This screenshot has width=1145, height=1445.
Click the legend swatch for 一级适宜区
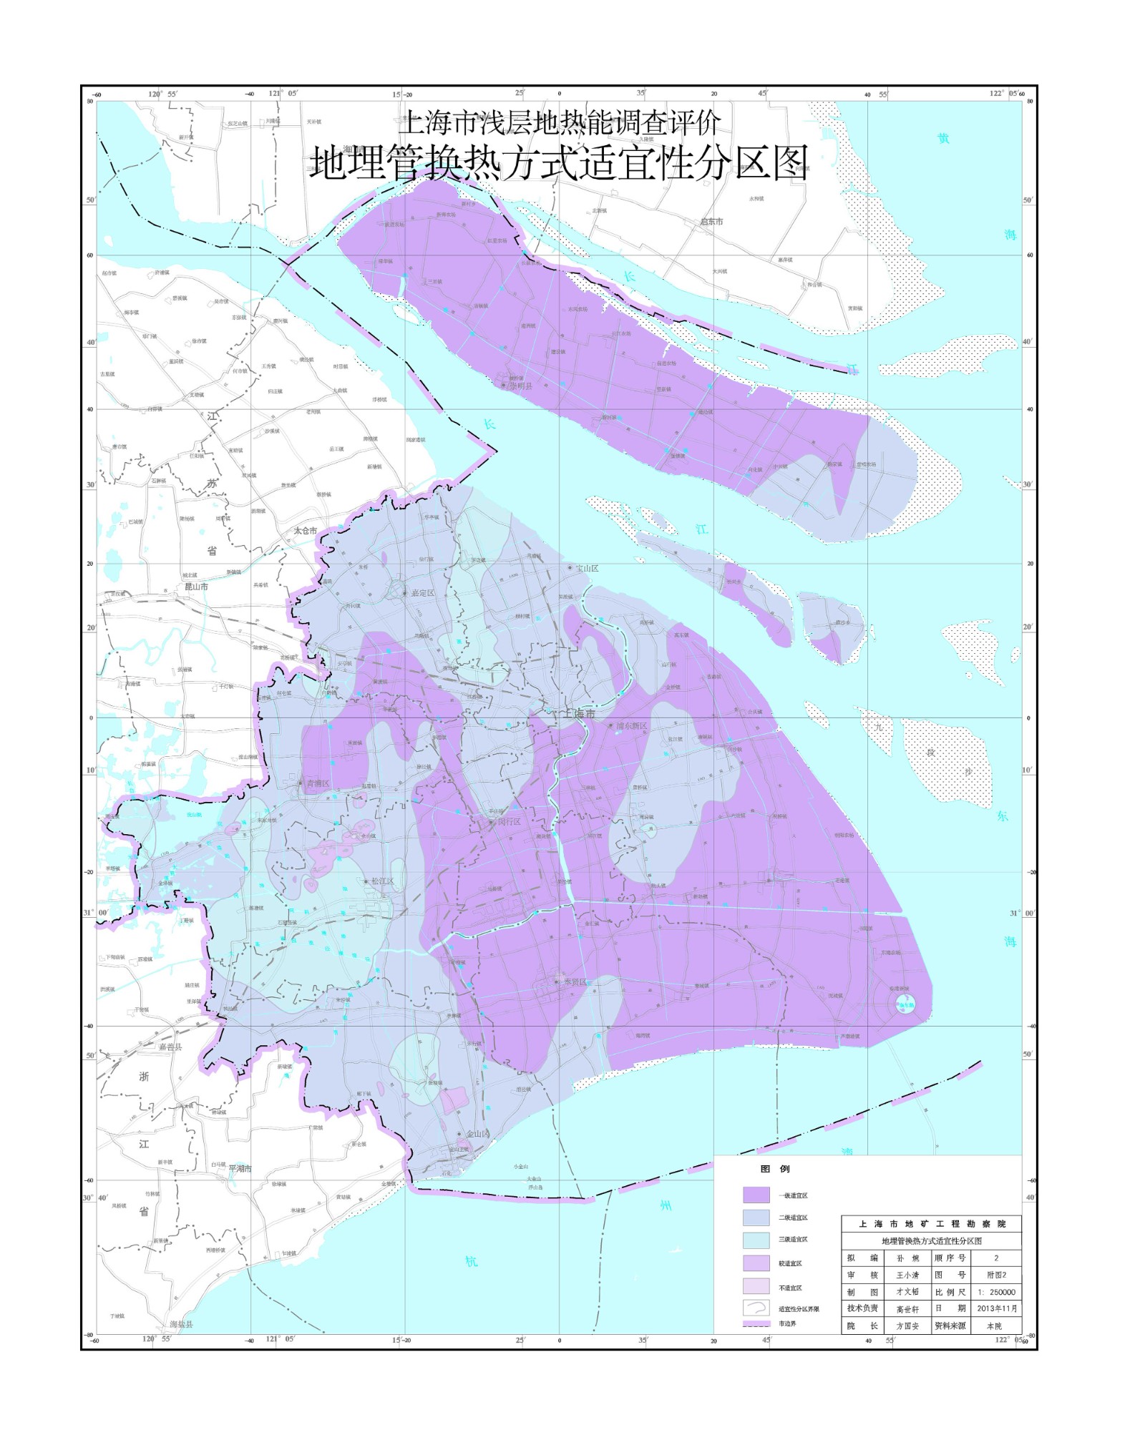point(756,1195)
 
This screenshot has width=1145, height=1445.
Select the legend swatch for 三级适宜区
point(756,1239)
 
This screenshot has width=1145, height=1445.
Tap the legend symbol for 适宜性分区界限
point(756,1308)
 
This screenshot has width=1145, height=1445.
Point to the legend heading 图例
point(774,1169)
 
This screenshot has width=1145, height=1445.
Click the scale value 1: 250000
point(997,1292)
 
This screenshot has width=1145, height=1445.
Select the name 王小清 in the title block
point(907,1275)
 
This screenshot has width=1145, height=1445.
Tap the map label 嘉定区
point(422,593)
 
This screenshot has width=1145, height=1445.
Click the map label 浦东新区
point(632,726)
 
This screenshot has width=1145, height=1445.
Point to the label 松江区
point(382,881)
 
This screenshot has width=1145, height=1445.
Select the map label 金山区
point(477,1134)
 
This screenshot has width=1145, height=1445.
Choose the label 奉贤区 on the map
point(572,982)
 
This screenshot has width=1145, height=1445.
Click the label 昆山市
point(196,587)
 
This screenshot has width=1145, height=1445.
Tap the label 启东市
point(711,222)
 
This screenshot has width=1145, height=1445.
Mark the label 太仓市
point(306,531)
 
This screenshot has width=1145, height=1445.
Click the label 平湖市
point(240,1168)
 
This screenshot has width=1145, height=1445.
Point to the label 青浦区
point(317,784)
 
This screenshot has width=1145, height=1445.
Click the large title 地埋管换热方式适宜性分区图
point(559,163)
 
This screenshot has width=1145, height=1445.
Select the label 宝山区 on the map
point(587,568)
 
